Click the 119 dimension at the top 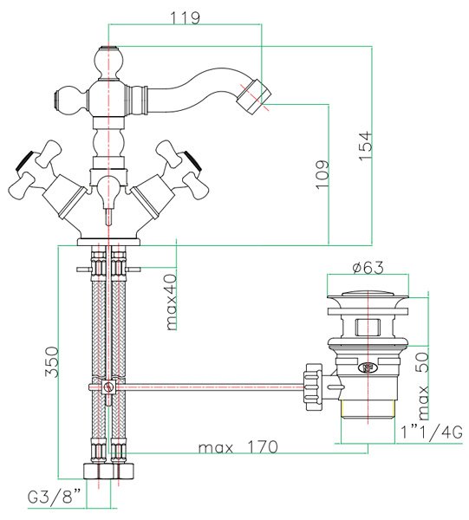coord(186,17)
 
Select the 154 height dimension coord(365,146)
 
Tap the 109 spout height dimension coord(322,175)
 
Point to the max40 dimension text coord(172,302)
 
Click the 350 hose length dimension coord(52,361)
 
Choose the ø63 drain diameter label coord(368,267)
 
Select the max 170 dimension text coord(238,447)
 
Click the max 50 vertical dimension coord(423,386)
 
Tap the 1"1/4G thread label coord(432,433)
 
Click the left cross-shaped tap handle coord(36,165)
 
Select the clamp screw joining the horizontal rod coord(107,387)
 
